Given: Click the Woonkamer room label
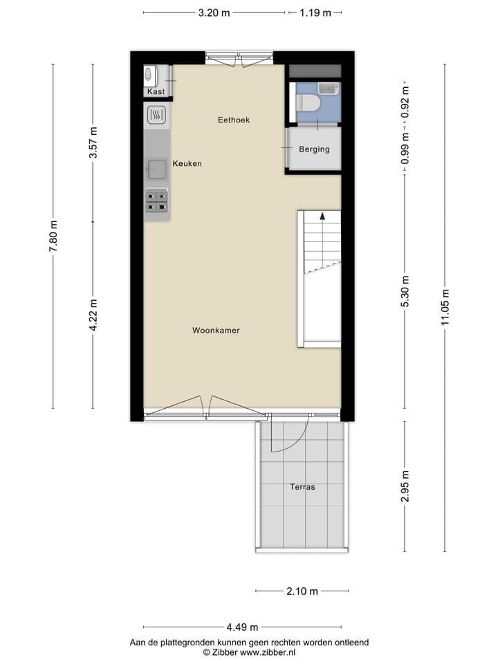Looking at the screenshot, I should click(x=216, y=331).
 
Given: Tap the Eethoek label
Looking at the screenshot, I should click(x=233, y=120).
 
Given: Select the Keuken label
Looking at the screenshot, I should click(x=187, y=164).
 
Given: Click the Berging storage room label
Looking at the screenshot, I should click(x=314, y=149).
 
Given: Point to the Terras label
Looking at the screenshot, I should click(x=302, y=487).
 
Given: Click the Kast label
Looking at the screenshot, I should click(x=156, y=92).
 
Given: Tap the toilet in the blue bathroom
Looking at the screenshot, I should click(x=308, y=103).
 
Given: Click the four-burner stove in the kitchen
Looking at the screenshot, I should click(x=156, y=201).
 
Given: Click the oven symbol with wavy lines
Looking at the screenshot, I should click(x=157, y=115).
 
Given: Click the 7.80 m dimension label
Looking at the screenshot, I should click(x=53, y=236).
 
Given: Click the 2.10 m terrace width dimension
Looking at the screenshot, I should click(x=302, y=591).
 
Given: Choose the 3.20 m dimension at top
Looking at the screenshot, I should click(x=214, y=12).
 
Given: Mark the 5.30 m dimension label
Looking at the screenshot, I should click(x=405, y=291).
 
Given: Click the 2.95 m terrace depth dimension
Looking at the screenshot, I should click(x=405, y=486).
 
